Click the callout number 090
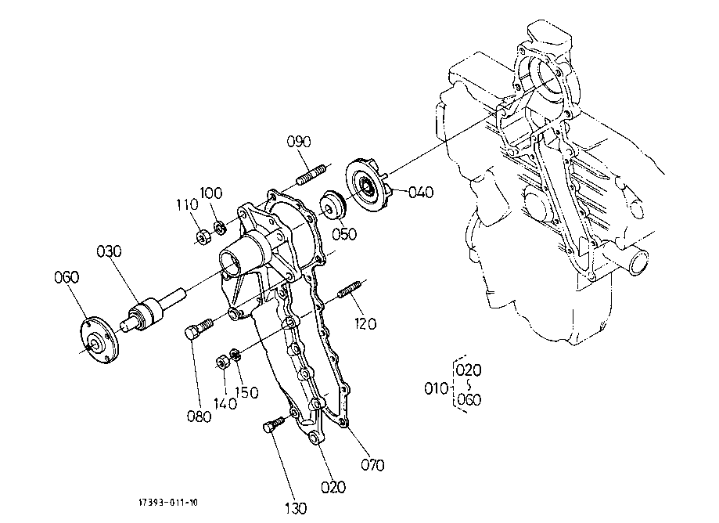(x=299, y=142)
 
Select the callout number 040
(x=421, y=193)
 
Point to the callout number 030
(x=110, y=253)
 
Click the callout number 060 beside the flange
(x=67, y=278)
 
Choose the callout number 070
(x=372, y=465)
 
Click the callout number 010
(x=435, y=387)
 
